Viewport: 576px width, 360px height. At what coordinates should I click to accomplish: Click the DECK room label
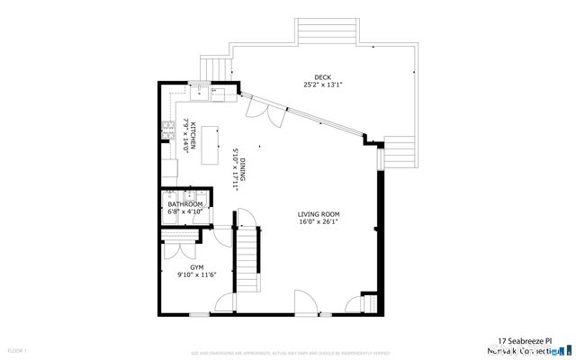tap(322, 76)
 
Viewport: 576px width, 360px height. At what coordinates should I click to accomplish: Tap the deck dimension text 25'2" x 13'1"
tap(322, 85)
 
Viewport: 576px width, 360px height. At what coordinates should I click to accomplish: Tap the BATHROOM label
tap(184, 204)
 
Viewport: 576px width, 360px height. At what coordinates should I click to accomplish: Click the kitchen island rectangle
tap(212, 146)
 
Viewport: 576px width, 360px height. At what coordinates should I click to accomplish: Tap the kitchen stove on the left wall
tap(166, 129)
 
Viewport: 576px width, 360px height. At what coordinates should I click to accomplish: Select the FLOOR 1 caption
tap(18, 349)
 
